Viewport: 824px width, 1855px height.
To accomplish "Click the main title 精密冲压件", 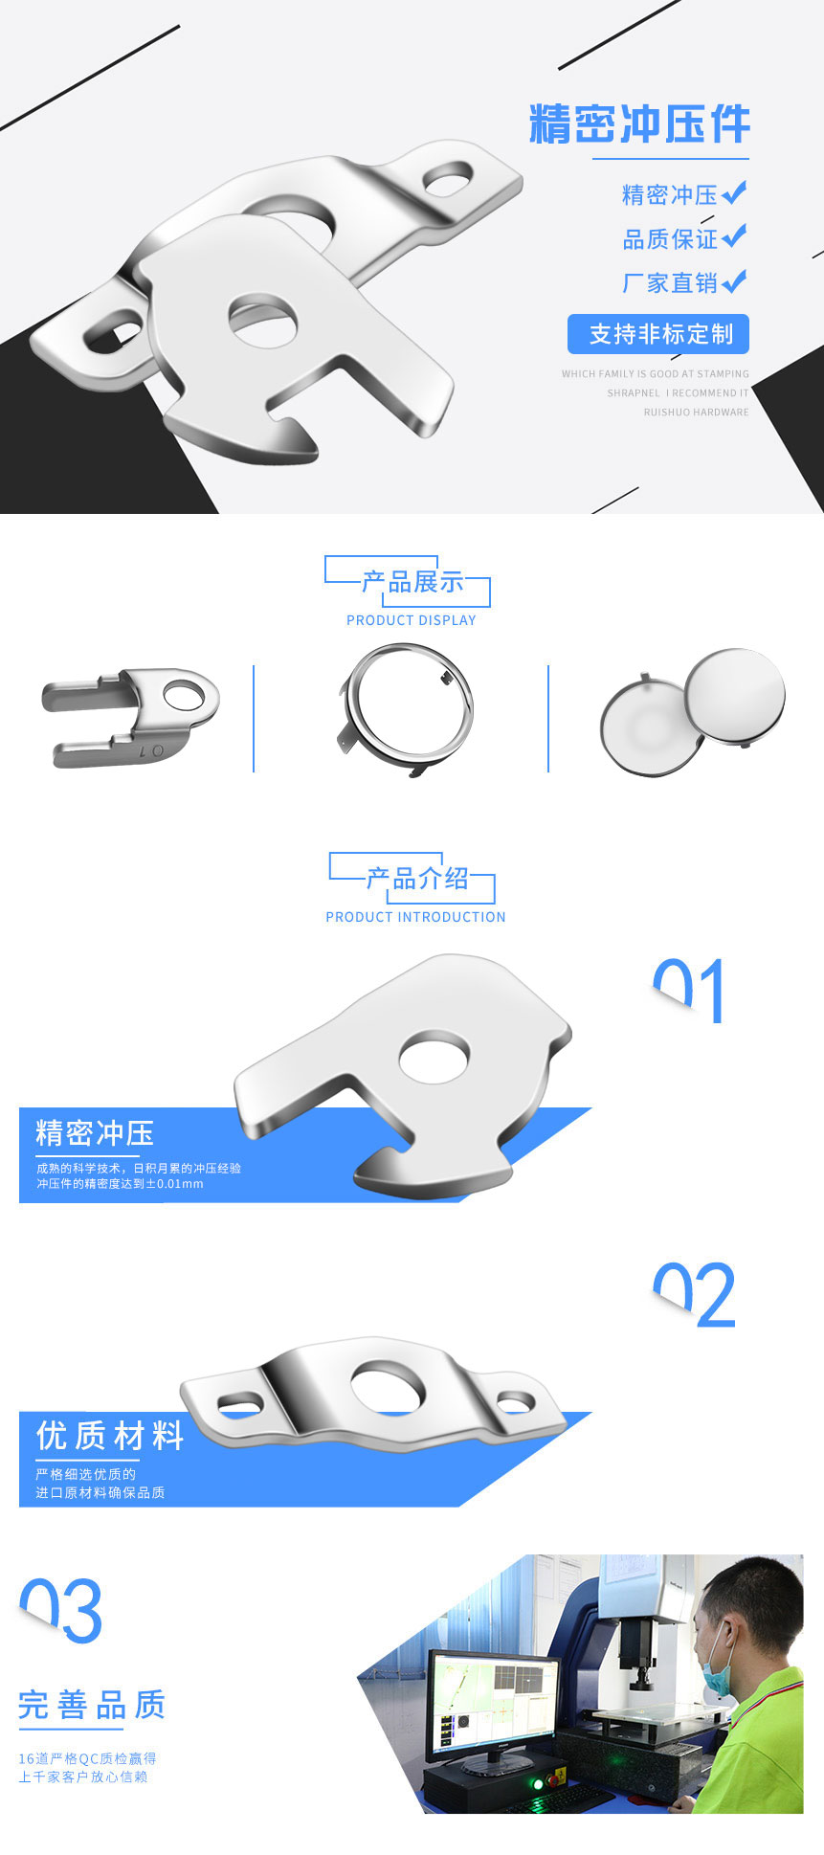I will [639, 125].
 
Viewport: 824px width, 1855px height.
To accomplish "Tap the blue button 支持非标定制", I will [658, 334].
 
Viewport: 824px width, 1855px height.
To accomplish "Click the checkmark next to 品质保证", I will [734, 236].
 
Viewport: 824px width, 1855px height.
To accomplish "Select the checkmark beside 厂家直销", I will [734, 281].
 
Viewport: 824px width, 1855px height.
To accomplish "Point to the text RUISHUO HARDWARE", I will [696, 413].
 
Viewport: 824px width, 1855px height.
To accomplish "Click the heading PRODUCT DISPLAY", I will [411, 620].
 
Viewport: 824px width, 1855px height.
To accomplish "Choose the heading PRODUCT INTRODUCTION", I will [415, 917].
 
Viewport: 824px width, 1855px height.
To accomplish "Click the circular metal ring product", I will [407, 709].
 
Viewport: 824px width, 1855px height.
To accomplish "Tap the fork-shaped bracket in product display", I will [130, 716].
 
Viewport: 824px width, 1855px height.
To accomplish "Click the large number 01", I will [689, 992].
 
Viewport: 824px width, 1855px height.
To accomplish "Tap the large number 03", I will [61, 1611].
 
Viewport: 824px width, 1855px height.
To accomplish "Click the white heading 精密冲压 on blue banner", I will [95, 1133].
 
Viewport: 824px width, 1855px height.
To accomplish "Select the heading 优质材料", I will [110, 1436].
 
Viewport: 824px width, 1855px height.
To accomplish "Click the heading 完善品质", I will [92, 1705].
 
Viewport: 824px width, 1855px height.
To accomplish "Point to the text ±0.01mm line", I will [120, 1184].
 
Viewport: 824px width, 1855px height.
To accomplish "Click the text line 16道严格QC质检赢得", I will [87, 1758].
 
